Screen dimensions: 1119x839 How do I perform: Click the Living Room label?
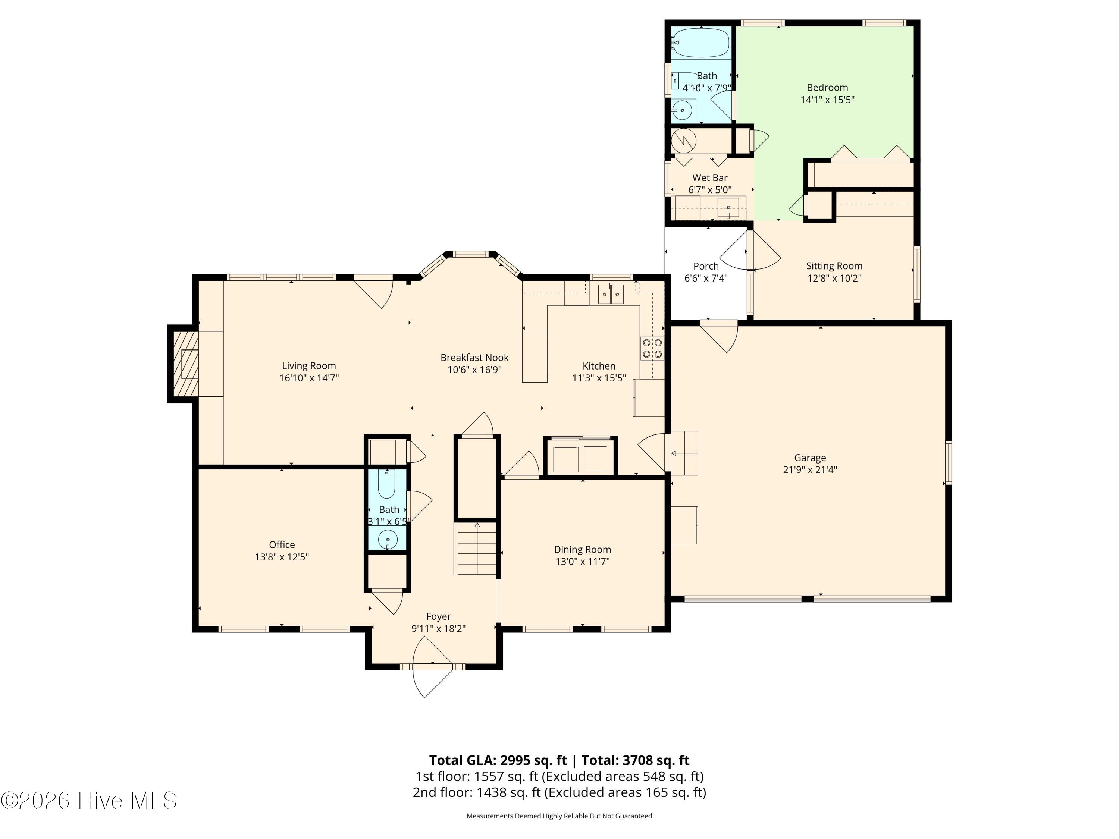[308, 366]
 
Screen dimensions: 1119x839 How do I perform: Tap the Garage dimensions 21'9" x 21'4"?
[810, 470]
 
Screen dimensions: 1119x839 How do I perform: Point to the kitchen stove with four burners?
[652, 348]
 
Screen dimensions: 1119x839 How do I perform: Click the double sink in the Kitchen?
[611, 294]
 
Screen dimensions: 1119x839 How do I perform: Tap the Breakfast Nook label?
[474, 358]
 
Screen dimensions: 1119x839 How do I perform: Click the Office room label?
[282, 545]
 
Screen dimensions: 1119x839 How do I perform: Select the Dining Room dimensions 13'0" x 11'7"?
[583, 561]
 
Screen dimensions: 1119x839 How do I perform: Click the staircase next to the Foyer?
[477, 549]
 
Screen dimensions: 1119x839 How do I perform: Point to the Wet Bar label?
[710, 178]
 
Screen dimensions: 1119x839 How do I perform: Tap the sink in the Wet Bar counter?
[728, 208]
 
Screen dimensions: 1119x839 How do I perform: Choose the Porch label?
[706, 266]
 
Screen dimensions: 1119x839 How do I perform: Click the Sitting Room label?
[834, 266]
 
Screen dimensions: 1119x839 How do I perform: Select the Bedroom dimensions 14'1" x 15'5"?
[828, 100]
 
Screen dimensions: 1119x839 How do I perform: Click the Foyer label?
[438, 616]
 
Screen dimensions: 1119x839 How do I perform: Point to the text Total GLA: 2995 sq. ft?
[498, 760]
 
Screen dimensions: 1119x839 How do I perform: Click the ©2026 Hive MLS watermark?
[89, 801]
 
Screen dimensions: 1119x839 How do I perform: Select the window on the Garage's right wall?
[949, 462]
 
